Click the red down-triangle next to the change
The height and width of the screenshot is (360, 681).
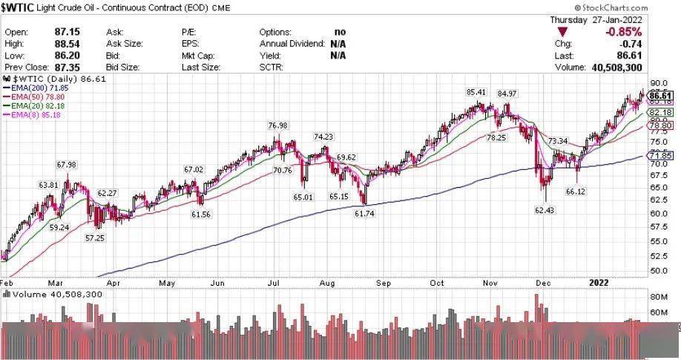coord(564,33)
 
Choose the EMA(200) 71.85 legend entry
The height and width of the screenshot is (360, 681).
coord(34,88)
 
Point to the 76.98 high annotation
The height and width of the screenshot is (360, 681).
coord(277,126)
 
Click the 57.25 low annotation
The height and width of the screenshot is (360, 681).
coord(94,238)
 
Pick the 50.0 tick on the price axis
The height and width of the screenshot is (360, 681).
coord(657,271)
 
